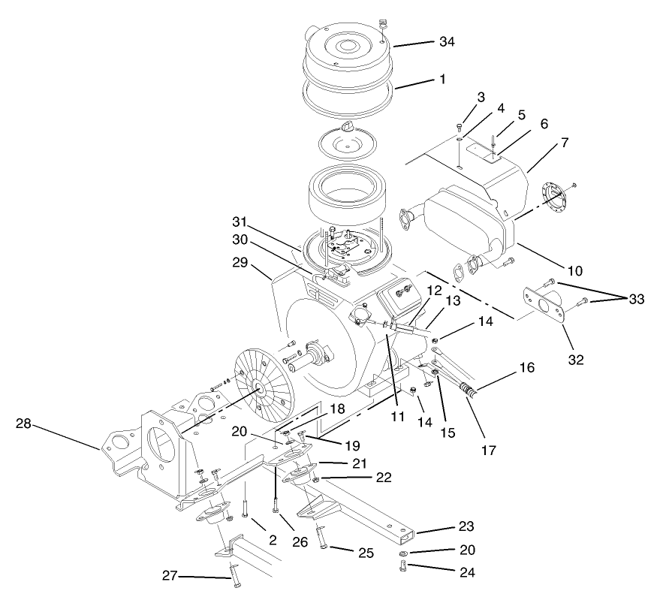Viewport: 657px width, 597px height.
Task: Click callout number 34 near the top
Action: [x=447, y=42]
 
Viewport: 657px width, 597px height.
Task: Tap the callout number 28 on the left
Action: [x=24, y=424]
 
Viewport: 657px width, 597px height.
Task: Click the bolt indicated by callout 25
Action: [x=321, y=538]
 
